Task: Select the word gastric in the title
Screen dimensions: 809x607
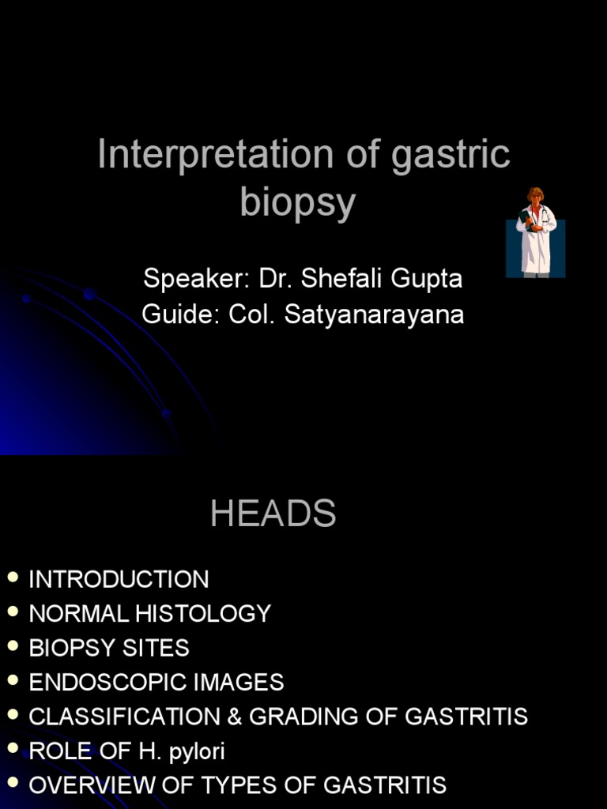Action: coord(451,155)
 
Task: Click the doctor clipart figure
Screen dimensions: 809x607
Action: coord(536,233)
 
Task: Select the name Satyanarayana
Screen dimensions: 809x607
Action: coord(374,314)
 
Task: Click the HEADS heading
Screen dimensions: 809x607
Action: coord(273,514)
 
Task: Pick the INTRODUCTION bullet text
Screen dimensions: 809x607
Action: coord(119,579)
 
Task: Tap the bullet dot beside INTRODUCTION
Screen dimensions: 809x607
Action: coord(12,578)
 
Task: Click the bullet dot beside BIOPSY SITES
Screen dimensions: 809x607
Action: coord(12,646)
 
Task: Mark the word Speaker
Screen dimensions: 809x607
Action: coord(196,279)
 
